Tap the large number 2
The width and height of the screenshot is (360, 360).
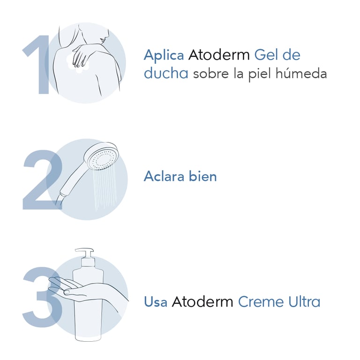pyautogui.click(x=43, y=180)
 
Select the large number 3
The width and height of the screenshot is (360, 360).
pyautogui.click(x=43, y=297)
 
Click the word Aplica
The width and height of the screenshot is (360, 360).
pyautogui.click(x=164, y=55)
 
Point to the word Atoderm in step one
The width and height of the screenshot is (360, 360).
pyautogui.click(x=219, y=55)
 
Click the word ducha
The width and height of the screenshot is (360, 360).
pyautogui.click(x=166, y=74)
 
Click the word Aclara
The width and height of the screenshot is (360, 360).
pyautogui.click(x=164, y=176)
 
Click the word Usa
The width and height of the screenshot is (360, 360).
pyautogui.click(x=156, y=301)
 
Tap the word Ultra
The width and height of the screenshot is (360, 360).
pyautogui.click(x=304, y=301)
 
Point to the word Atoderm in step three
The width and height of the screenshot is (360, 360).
pyautogui.click(x=202, y=301)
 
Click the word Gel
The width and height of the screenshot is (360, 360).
pyautogui.click(x=266, y=55)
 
